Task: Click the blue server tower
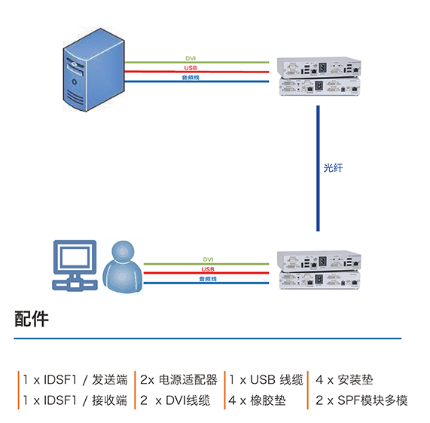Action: (x=94, y=69)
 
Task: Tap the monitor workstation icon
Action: (x=75, y=265)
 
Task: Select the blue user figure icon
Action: (x=123, y=267)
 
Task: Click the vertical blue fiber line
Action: (x=318, y=168)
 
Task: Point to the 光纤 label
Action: (x=333, y=168)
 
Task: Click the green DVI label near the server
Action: (x=191, y=58)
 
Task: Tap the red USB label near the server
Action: (x=191, y=68)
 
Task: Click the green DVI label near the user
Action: (x=208, y=259)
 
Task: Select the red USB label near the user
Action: (x=208, y=269)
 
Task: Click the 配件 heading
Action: (x=32, y=319)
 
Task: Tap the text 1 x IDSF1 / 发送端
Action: (x=75, y=379)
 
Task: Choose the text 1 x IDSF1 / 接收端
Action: (x=75, y=400)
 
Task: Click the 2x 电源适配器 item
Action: (x=178, y=379)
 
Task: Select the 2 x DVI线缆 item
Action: (x=175, y=400)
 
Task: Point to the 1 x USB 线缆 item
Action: (x=267, y=379)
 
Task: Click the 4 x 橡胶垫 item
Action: (x=258, y=400)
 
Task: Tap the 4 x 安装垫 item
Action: (x=344, y=379)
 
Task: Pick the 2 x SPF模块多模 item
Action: (x=361, y=400)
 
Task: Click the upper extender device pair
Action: (x=319, y=77)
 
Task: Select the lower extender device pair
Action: (x=319, y=270)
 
